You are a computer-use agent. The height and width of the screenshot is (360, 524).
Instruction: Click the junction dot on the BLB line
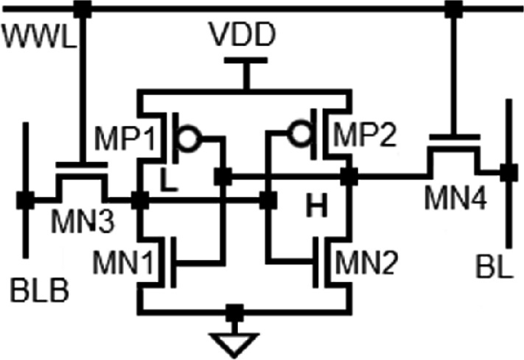coord(25,201)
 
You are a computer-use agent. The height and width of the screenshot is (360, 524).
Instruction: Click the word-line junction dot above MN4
coord(453,9)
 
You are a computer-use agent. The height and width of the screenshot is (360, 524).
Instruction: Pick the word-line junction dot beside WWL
coord(82,9)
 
